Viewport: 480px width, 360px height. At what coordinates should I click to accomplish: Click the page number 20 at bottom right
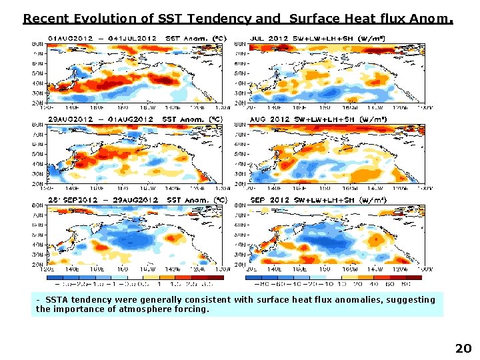463,348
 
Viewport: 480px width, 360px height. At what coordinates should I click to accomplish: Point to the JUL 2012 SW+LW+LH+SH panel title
327,38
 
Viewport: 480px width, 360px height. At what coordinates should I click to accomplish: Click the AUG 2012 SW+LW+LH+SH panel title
327,119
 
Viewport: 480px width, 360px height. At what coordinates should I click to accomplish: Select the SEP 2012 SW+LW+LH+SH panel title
327,200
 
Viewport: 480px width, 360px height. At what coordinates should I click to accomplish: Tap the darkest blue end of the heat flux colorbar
254,276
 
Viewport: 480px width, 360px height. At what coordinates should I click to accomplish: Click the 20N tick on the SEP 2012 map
240,265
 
